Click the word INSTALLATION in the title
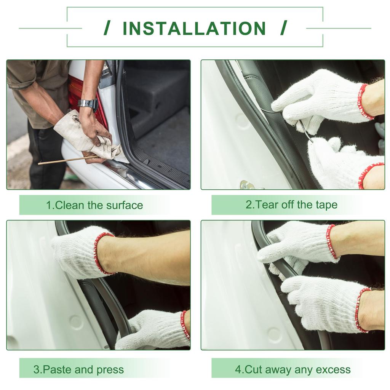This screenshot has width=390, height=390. coord(195,28)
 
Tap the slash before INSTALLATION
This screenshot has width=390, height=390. coord(107,28)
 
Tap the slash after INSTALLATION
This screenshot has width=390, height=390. coord(283,28)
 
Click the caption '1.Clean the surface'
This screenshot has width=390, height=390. coord(94,205)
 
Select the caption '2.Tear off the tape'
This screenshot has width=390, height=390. coord(291,205)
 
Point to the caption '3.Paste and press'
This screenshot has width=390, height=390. coord(78,369)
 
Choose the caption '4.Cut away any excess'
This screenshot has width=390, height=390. coord(293,369)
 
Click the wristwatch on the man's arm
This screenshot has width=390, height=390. coord(88,104)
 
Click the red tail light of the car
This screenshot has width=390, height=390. coord(86,99)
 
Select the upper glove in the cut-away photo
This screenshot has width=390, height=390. coord(299,246)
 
